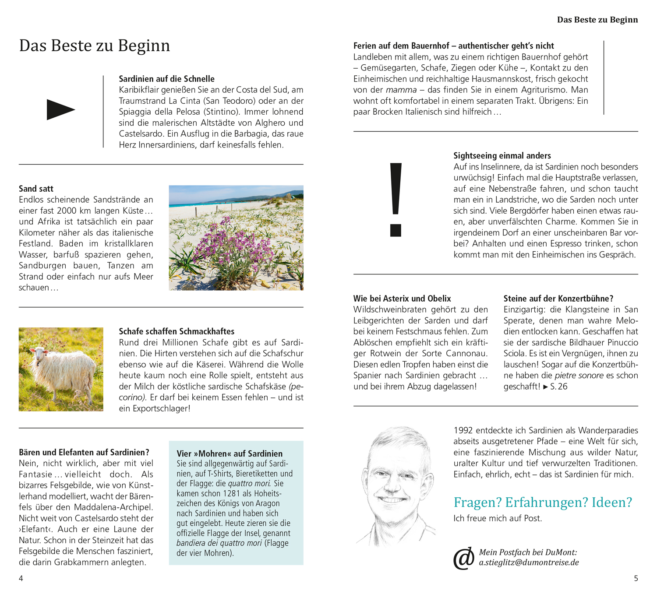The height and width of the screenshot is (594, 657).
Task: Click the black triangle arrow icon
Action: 60,109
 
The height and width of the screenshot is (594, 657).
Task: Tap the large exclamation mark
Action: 396,200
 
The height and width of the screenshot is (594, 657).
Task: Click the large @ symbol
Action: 464,558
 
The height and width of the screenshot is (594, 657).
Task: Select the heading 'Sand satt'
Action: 36,189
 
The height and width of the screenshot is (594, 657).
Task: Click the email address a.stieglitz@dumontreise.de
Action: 529,562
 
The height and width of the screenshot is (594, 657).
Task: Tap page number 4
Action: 21,578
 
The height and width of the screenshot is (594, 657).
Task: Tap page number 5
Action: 636,578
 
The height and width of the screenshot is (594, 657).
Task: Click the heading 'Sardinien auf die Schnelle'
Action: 166,79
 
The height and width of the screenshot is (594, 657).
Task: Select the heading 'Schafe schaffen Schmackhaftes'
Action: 177,331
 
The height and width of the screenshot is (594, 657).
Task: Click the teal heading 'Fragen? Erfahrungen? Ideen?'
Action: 543,502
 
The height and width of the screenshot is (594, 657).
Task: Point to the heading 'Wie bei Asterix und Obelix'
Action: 402,299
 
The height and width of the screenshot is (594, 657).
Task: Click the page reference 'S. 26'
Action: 558,387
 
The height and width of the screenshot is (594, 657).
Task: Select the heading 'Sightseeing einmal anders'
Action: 502,155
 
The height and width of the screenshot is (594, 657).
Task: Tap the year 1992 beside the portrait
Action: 463,430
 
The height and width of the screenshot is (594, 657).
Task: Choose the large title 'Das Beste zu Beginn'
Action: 94,46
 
